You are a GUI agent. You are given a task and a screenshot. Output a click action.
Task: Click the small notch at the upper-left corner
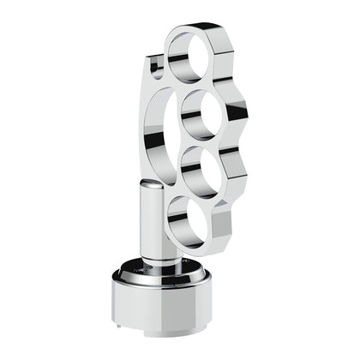[153, 62]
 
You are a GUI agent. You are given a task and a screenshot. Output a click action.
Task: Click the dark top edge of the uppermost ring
[197, 28]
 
